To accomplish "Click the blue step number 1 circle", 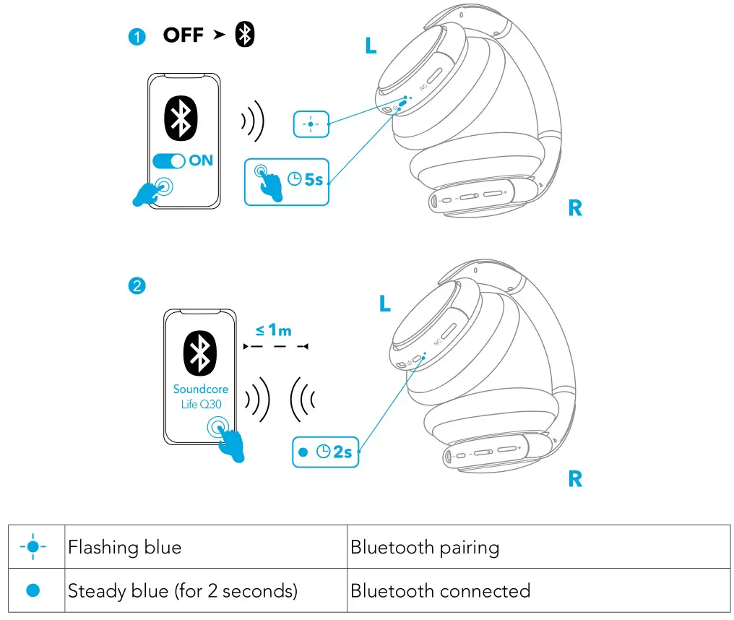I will tap(137, 37).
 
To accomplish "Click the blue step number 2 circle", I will tap(137, 286).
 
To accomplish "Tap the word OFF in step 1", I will tap(183, 35).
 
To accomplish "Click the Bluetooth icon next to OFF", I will tap(246, 35).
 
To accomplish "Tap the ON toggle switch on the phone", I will tap(169, 160).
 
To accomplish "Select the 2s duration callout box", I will tap(324, 452).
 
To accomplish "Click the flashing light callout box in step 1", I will tap(311, 124).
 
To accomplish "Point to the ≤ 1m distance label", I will tap(273, 330).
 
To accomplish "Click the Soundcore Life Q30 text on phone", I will tap(200, 397).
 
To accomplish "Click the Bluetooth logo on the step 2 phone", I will tap(199, 353).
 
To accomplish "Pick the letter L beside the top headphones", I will tap(371, 46).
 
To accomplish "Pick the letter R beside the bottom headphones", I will tap(575, 478).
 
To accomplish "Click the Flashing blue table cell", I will tap(206, 547).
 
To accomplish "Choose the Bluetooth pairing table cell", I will tap(537, 547).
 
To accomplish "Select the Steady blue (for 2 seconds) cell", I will tap(206, 590).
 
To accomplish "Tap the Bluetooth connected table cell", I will tap(537, 590).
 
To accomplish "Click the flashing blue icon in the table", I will tap(33, 547).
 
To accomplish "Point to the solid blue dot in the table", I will tap(33, 590).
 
